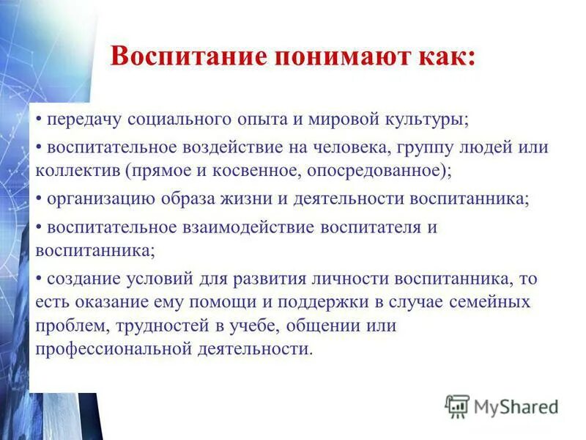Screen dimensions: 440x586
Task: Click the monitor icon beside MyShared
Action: point(457,406)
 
